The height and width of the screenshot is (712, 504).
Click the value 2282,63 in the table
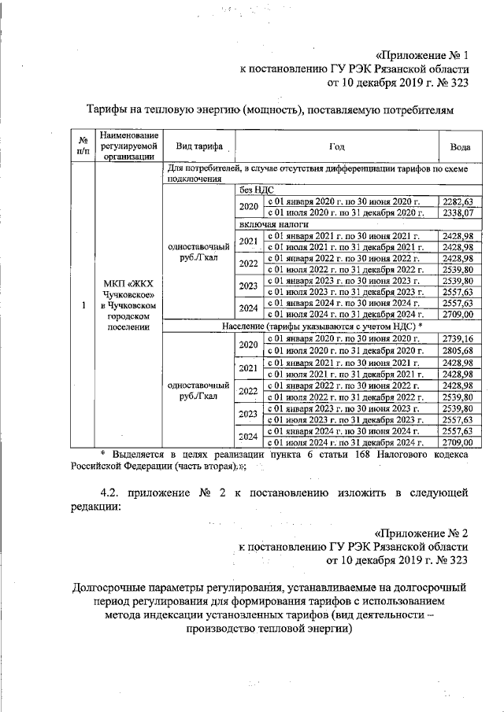[x=458, y=202]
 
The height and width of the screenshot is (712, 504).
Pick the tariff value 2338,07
[x=458, y=212]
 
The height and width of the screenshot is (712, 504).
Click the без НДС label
[x=255, y=190]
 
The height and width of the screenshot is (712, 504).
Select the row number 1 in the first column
[x=83, y=305]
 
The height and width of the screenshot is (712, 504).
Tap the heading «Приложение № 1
[x=421, y=56]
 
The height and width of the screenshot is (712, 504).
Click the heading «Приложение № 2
[x=421, y=532]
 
